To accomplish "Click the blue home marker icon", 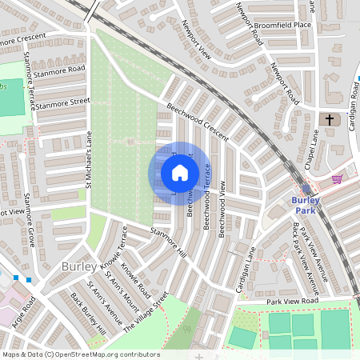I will (x=179, y=173).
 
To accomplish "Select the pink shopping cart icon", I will (x=338, y=179).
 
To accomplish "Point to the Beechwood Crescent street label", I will (x=198, y=119).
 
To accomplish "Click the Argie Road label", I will (x=23, y=311).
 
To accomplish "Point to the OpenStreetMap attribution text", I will (x=80, y=354).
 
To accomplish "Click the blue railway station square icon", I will (x=306, y=189).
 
